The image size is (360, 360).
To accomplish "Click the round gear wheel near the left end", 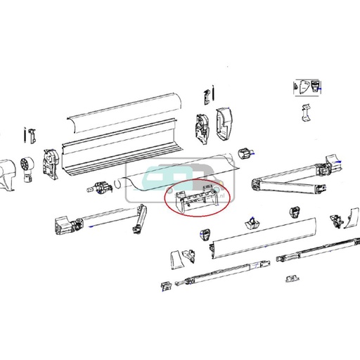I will pos(30,165).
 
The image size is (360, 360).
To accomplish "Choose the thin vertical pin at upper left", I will pos(26,134).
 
